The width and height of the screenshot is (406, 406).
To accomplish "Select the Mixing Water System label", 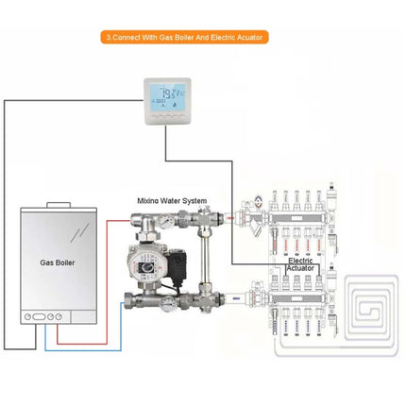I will tap(170, 200).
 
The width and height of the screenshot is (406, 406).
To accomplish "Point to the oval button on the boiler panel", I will tap(38, 317).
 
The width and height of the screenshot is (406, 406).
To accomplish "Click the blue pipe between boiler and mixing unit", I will tap(94, 347).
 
